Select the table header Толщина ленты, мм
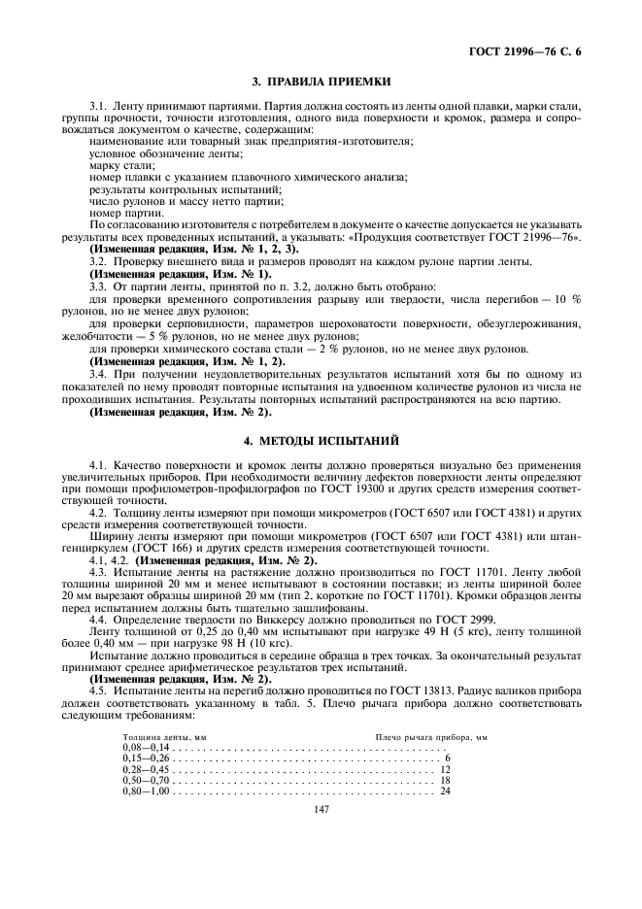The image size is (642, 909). [164, 738]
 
